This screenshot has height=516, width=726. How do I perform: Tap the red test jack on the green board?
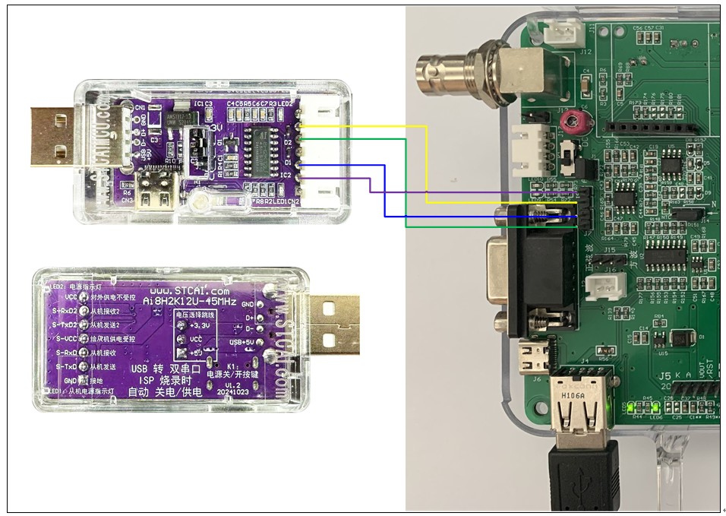point(583,120)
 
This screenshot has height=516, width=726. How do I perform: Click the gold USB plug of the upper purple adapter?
point(52,136)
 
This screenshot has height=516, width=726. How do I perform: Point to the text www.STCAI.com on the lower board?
point(189,291)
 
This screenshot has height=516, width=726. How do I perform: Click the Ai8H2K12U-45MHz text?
point(190,301)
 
